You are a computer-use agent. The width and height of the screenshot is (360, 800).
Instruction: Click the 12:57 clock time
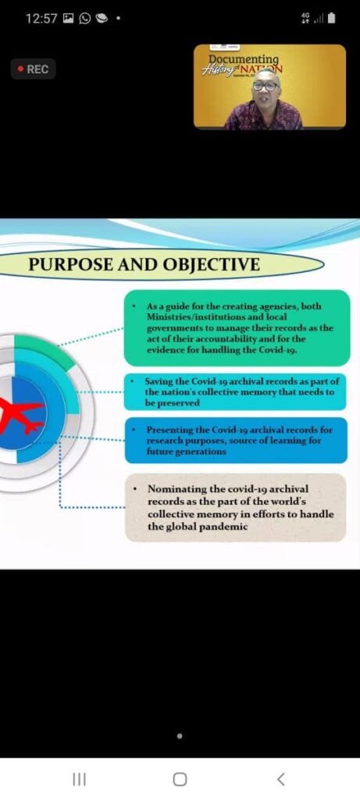[41, 20]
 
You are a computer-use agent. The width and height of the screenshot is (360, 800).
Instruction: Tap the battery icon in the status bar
[331, 20]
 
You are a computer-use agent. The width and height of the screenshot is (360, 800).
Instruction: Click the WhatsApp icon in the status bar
[84, 20]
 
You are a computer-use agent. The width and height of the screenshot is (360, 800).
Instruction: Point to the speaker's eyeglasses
[266, 86]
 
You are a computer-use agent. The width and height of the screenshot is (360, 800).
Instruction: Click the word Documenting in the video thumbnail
[244, 59]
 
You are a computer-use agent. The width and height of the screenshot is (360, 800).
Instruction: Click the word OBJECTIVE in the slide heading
[210, 265]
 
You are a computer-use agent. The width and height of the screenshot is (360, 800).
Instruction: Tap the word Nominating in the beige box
[173, 489]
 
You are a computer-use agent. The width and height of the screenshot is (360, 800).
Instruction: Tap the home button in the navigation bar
[180, 779]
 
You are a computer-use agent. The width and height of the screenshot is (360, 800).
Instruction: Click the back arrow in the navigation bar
[280, 779]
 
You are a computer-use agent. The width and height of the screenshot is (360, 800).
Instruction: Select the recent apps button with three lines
[79, 779]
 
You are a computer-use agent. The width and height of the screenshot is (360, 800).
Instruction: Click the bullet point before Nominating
[134, 489]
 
